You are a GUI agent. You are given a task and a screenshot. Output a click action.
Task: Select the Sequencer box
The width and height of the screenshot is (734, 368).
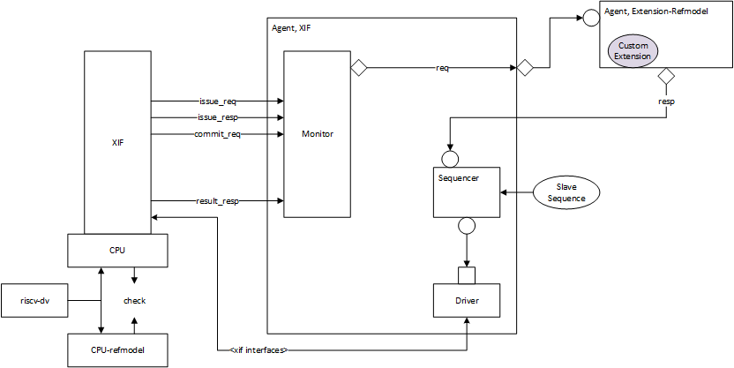tap(467, 192)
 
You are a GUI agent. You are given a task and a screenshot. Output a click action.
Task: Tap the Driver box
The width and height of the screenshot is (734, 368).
tap(467, 301)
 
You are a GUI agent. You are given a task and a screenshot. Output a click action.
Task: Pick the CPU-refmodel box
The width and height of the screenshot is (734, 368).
tap(118, 350)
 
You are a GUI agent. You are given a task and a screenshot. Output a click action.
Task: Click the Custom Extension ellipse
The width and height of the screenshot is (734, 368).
tap(633, 51)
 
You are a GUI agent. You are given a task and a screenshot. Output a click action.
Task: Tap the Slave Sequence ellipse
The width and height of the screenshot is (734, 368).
tap(566, 192)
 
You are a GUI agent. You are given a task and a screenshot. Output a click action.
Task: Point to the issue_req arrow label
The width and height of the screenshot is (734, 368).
tap(216, 101)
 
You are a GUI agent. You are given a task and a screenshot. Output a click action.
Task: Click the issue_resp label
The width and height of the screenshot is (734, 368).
tap(216, 117)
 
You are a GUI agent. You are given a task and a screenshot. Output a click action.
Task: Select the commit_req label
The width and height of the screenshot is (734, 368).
tap(216, 134)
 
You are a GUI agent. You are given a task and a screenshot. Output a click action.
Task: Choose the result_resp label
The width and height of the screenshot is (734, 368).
tap(216, 201)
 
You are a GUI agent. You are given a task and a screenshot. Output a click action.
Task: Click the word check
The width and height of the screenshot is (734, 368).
tap(134, 301)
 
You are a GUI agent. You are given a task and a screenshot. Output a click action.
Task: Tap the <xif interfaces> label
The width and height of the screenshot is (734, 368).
tap(253, 350)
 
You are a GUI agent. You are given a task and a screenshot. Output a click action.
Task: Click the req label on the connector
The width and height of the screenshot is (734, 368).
tap(442, 68)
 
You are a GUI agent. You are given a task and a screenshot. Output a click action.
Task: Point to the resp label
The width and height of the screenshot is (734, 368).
tap(667, 101)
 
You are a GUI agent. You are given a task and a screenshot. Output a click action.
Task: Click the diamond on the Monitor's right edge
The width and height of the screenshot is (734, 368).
tap(359, 68)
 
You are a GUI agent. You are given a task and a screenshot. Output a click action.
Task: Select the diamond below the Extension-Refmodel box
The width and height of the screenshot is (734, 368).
tap(667, 77)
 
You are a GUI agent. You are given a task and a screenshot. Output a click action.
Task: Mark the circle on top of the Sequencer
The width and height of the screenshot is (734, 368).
tap(450, 158)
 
